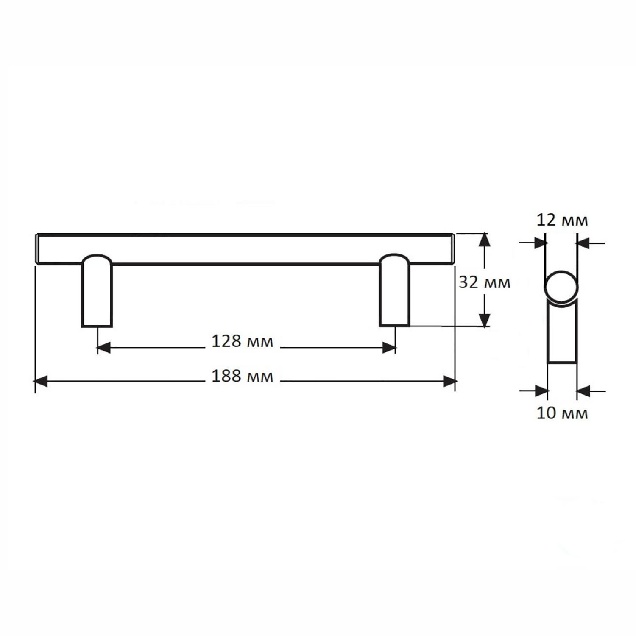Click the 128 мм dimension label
point(242,341)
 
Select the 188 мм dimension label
point(242,376)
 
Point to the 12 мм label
point(562,220)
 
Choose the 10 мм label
point(562,413)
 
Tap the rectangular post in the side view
point(562,333)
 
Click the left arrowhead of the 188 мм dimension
point(41,381)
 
